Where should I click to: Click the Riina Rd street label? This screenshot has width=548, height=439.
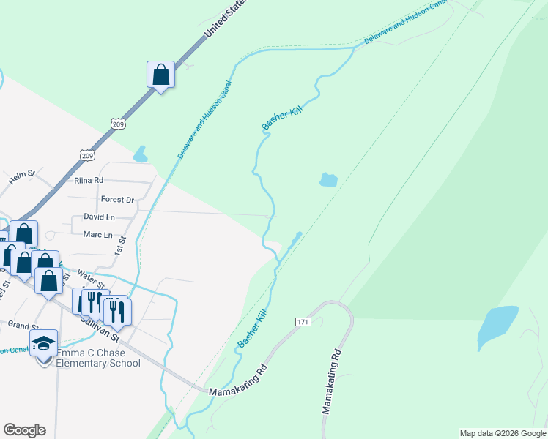pyautogui.click(x=89, y=180)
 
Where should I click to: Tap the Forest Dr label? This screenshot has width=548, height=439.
pyautogui.click(x=117, y=199)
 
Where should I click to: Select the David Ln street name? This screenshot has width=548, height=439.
pyautogui.click(x=99, y=217)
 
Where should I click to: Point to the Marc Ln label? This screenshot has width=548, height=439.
pyautogui.click(x=97, y=235)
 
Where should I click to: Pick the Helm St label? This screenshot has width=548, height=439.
pyautogui.click(x=21, y=175)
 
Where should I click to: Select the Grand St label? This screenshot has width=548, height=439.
pyautogui.click(x=23, y=326)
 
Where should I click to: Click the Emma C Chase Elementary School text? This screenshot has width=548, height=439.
pyautogui.click(x=97, y=358)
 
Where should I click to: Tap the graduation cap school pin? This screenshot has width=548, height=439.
pyautogui.click(x=43, y=342)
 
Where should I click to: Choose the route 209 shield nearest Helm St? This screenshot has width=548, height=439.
pyautogui.click(x=87, y=155)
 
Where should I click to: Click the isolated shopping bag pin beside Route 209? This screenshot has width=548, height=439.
pyautogui.click(x=160, y=75)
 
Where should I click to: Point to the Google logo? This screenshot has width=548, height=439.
pyautogui.click(x=24, y=430)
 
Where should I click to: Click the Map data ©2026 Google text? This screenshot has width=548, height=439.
pyautogui.click(x=503, y=433)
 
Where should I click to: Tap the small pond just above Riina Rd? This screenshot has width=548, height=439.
pyautogui.click(x=139, y=154)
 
